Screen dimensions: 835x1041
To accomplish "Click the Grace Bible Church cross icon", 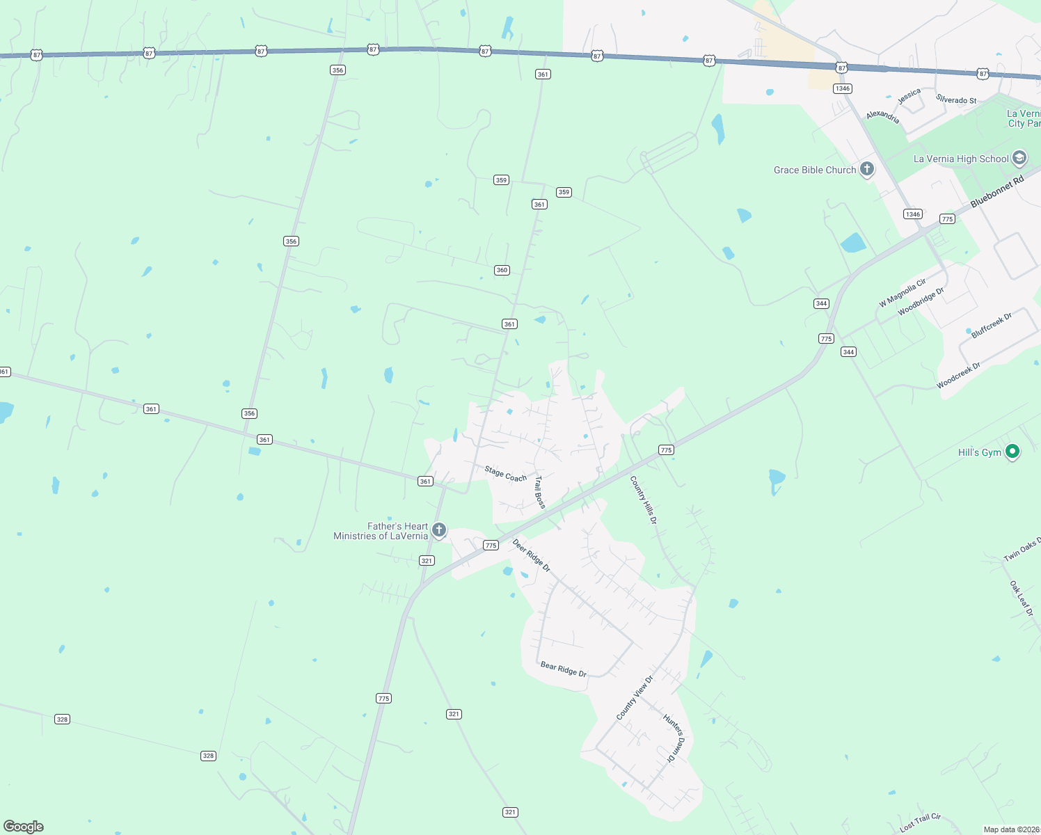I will coord(867,169).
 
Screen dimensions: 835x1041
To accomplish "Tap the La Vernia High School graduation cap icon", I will coord(1019,158).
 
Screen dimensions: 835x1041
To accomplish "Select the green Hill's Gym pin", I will coord(1013,452).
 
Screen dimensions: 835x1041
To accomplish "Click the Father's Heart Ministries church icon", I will coord(439,530).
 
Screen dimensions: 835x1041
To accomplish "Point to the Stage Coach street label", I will coord(506,474).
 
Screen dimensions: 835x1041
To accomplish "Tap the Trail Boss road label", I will coord(540,492).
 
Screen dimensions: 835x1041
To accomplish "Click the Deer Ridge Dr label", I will coord(532,555).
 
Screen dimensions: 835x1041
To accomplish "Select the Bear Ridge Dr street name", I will coord(564,669).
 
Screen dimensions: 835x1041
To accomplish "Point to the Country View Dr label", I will coord(635,698).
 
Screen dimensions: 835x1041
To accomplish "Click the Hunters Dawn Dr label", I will coord(674,738).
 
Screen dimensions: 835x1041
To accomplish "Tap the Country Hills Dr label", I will coord(643,500).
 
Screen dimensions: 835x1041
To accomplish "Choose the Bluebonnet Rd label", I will coord(997,191).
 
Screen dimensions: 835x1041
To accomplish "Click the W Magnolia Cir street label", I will coord(903,292).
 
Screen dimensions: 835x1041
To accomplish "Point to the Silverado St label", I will coord(956,100).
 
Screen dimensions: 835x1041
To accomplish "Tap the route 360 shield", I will coord(502,270).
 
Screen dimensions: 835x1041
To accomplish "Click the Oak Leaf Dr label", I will coord(1022,598).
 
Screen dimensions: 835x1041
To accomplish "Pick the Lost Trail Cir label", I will coord(920,822).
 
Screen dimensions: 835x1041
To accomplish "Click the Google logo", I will coord(24,827).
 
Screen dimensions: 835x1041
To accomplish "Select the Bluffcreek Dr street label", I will coord(992,325).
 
